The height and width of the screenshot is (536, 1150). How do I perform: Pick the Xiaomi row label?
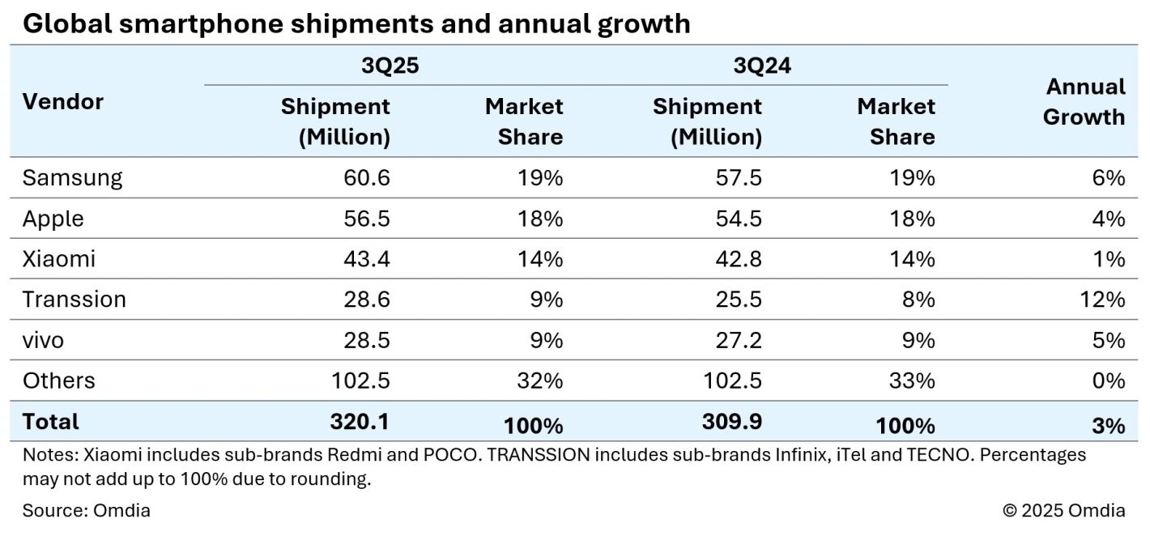58,259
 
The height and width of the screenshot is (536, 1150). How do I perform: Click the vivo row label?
43,340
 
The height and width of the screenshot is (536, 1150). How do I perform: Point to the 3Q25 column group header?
390,66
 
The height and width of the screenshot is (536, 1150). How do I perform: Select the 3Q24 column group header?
761,66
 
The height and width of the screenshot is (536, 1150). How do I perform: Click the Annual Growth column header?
1084,102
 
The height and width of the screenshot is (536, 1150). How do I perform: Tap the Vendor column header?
63,102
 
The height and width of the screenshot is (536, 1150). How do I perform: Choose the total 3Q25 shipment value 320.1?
360,421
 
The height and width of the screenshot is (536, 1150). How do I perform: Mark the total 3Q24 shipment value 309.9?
732,421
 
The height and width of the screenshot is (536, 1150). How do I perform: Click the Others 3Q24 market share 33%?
912,381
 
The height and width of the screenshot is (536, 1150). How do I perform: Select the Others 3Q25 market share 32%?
540,381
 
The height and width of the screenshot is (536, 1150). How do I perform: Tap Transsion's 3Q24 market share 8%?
918,300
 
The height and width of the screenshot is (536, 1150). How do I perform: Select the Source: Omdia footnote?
86,511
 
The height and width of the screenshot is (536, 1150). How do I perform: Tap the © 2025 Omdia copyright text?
1063,511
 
